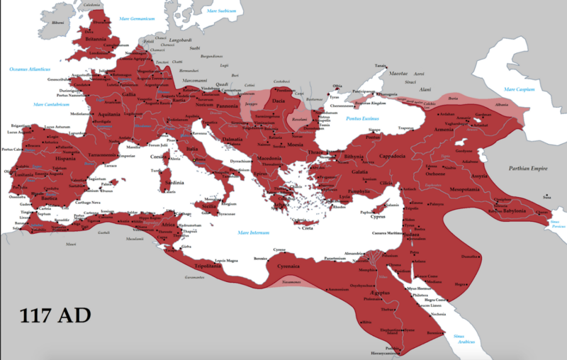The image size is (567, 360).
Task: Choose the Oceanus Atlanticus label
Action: click(30, 69)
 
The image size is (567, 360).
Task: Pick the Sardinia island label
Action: click(174, 183)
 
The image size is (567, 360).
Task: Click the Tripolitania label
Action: click(207, 266)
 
